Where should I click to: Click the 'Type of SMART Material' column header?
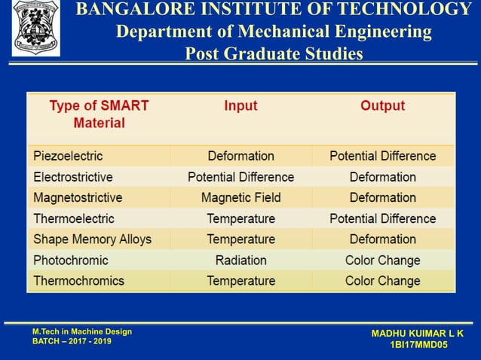[x=99, y=114]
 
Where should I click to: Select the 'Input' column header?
[x=240, y=106]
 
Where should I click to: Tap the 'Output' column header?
[x=382, y=106]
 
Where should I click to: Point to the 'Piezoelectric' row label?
[x=68, y=156]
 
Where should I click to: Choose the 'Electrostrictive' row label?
[x=73, y=177]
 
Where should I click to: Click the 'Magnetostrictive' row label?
[x=78, y=197]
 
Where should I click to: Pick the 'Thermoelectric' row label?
[x=74, y=218]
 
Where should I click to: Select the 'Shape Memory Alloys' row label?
[x=92, y=239]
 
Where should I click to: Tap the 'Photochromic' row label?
[x=71, y=260]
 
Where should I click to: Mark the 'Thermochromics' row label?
[x=79, y=281]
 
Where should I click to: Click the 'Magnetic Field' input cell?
[x=240, y=197]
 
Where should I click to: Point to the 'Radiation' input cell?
[x=240, y=260]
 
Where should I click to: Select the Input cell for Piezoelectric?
[x=240, y=156]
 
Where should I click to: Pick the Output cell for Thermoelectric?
[x=382, y=218]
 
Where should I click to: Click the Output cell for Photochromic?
[x=382, y=260]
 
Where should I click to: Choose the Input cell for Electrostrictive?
[x=240, y=177]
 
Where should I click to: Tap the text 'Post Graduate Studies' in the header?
[x=274, y=54]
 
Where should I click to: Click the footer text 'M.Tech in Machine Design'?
[x=82, y=331]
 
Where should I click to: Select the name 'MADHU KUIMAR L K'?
[x=418, y=333]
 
